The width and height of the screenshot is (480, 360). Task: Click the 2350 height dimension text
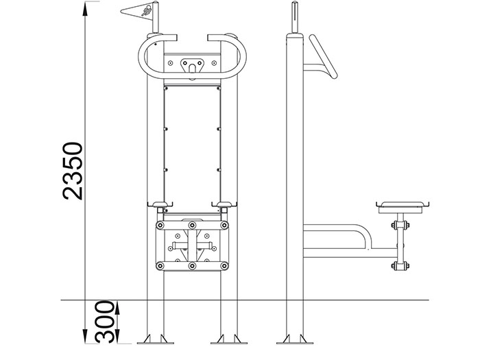(x=73, y=171)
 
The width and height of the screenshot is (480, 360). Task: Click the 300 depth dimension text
(x=104, y=322)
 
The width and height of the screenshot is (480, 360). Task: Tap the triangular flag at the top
(x=137, y=12)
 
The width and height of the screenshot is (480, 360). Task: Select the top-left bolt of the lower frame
(x=160, y=226)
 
